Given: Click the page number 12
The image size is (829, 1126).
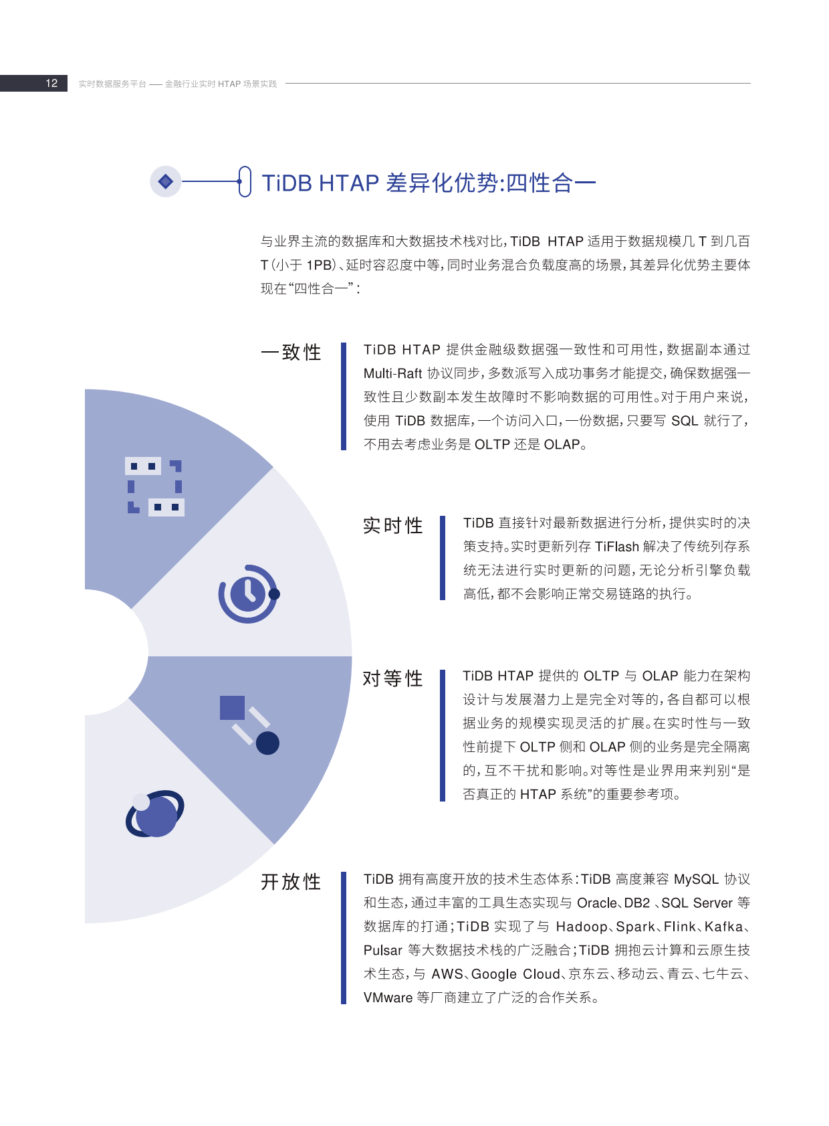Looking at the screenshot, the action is pos(51,84).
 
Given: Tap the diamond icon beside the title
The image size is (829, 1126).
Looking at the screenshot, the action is pos(165,181).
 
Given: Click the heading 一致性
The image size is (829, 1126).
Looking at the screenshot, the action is pos(291,352).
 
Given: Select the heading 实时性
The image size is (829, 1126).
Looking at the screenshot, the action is pos(393,525).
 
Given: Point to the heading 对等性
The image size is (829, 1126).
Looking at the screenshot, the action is pos(393,678).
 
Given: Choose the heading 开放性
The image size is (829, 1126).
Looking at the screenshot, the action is pos(291,882).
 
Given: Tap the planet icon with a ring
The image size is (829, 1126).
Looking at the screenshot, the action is pos(154,814).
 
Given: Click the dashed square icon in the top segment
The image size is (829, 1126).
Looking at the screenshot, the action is pos(154,486).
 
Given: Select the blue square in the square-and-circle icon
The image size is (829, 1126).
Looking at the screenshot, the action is pos(232,708).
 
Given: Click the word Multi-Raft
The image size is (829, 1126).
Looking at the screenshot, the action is pos(392,373).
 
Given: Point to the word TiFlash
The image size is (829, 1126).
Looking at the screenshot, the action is pos(616,547).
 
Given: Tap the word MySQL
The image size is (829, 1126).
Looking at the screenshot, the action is pos(696,879).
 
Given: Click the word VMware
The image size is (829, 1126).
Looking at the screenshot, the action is pos(388,998).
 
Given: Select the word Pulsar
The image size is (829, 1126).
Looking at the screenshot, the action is pos(383,951).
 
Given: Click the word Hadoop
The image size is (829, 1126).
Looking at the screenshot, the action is pos(582,927).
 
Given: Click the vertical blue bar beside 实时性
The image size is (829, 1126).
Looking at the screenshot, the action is pos(443,558).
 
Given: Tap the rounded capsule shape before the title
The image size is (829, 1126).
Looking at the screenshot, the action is pos(245,181).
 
